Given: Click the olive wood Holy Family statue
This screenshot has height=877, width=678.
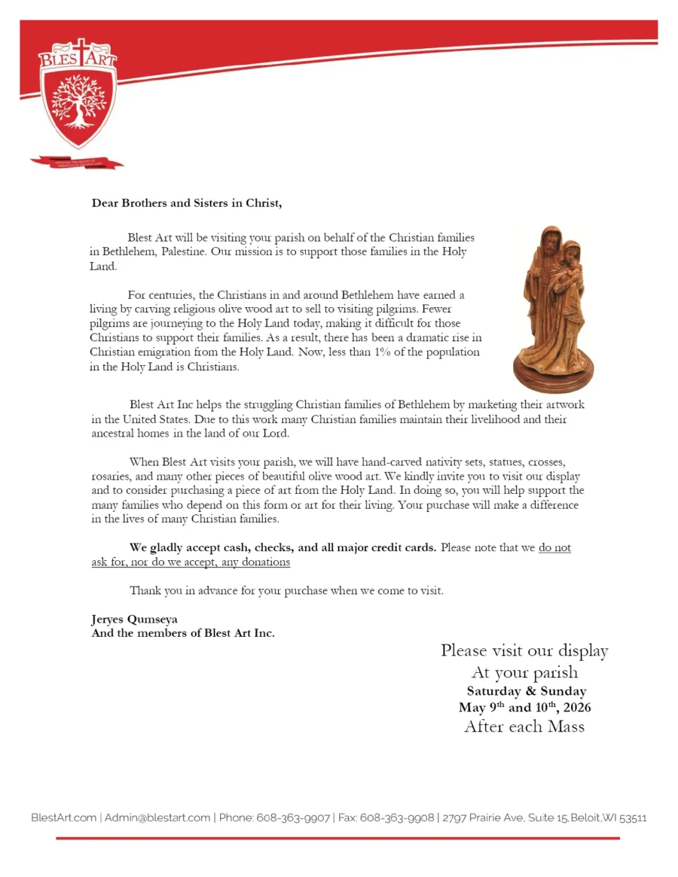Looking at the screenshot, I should tap(556, 301).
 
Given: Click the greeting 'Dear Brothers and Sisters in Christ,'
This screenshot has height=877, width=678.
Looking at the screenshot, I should tap(187, 203).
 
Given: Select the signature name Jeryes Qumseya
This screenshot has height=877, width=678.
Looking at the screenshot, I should tap(134, 620).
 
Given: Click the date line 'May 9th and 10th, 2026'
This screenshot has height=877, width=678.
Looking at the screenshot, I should tap(524, 708).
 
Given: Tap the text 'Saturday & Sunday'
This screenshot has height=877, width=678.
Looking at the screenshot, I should tap(526, 691).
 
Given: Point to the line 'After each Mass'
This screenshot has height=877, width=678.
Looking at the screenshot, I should tap(524, 726).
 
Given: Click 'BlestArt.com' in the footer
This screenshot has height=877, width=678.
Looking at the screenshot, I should tap(64, 818).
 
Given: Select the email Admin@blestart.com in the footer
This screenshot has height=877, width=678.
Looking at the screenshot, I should tap(157, 818).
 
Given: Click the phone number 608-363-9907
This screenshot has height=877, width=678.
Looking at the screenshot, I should tap(292, 818).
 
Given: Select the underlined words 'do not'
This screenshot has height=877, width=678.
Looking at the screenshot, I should tap(554, 547).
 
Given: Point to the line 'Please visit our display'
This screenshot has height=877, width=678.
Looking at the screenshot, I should tap(524, 650).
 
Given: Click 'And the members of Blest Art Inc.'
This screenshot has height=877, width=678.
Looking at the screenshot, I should tap(183, 633).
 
